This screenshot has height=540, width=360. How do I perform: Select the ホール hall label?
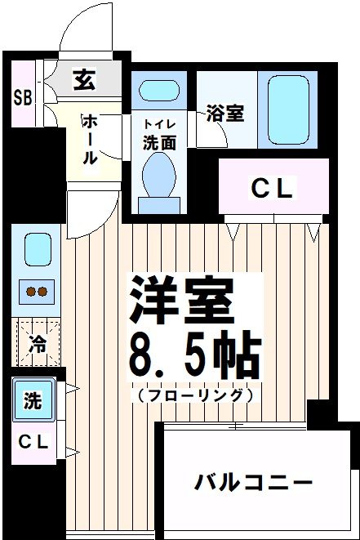(x=89, y=139)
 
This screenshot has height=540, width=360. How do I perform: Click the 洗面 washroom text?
(x=159, y=141)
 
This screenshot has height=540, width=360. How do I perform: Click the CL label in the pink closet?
(x=272, y=189)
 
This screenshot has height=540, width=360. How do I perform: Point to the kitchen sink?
(x=37, y=248)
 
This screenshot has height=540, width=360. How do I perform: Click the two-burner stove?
(x=37, y=290)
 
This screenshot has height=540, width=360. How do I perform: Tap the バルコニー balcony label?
(x=253, y=483)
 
